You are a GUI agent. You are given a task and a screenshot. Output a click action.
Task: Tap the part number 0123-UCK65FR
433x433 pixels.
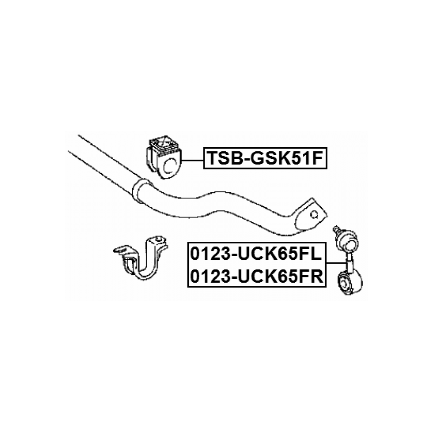256,275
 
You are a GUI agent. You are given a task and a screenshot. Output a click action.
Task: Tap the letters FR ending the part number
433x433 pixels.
313,275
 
